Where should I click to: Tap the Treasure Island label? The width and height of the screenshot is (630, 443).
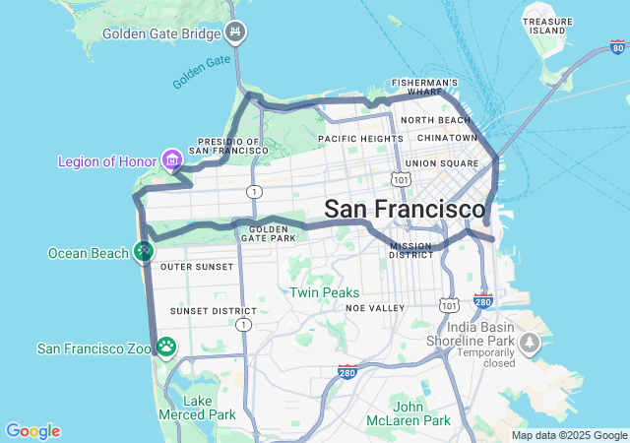pos(547,26)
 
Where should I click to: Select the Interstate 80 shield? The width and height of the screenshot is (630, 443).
pos(617,46)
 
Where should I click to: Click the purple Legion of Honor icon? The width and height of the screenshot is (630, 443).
pos(173,159)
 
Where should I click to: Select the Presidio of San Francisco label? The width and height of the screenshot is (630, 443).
pos(228,146)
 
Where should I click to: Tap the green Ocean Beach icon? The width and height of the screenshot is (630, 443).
pos(144,253)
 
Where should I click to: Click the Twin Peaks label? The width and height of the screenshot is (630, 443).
pos(324,292)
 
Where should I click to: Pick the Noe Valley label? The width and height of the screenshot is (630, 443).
pos(375,308)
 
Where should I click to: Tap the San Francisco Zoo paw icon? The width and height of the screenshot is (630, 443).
pos(166,347)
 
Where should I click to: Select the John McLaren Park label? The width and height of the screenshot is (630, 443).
pos(421,413)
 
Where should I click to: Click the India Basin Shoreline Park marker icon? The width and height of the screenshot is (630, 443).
pos(530,342)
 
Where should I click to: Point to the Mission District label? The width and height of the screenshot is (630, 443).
pos(411,250)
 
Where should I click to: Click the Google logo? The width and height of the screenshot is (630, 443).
pos(32,431)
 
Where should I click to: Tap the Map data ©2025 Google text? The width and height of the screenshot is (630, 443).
pos(569,435)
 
